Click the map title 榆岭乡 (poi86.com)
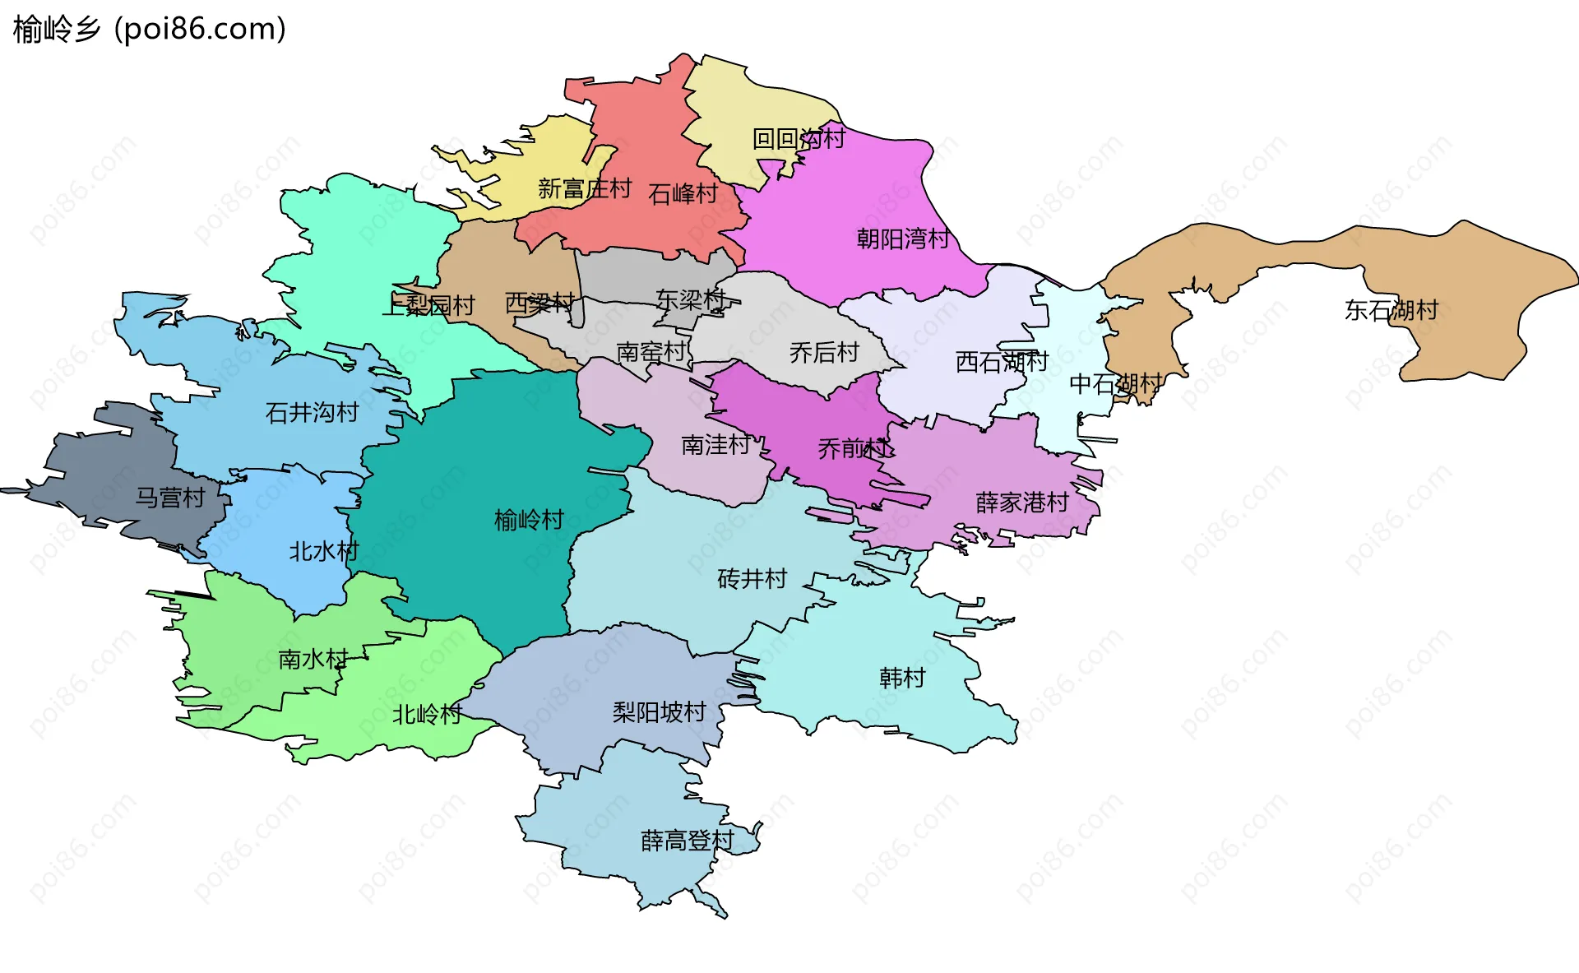click(x=149, y=29)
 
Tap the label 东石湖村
click(x=1391, y=310)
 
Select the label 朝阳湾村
click(x=902, y=239)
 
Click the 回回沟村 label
click(x=798, y=138)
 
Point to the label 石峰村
click(x=683, y=194)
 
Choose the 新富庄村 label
click(x=584, y=189)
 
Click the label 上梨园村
click(x=428, y=306)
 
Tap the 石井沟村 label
click(x=312, y=412)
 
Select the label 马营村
click(x=169, y=498)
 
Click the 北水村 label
click(x=323, y=551)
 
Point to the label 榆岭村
click(x=528, y=520)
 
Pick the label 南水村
click(x=313, y=659)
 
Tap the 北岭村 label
click(x=426, y=714)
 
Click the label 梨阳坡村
click(x=659, y=712)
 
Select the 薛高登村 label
click(x=687, y=841)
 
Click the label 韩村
click(x=901, y=678)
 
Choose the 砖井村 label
click(x=752, y=579)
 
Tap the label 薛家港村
click(x=1021, y=502)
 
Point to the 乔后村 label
click(x=823, y=353)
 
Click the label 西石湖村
click(x=1001, y=361)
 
